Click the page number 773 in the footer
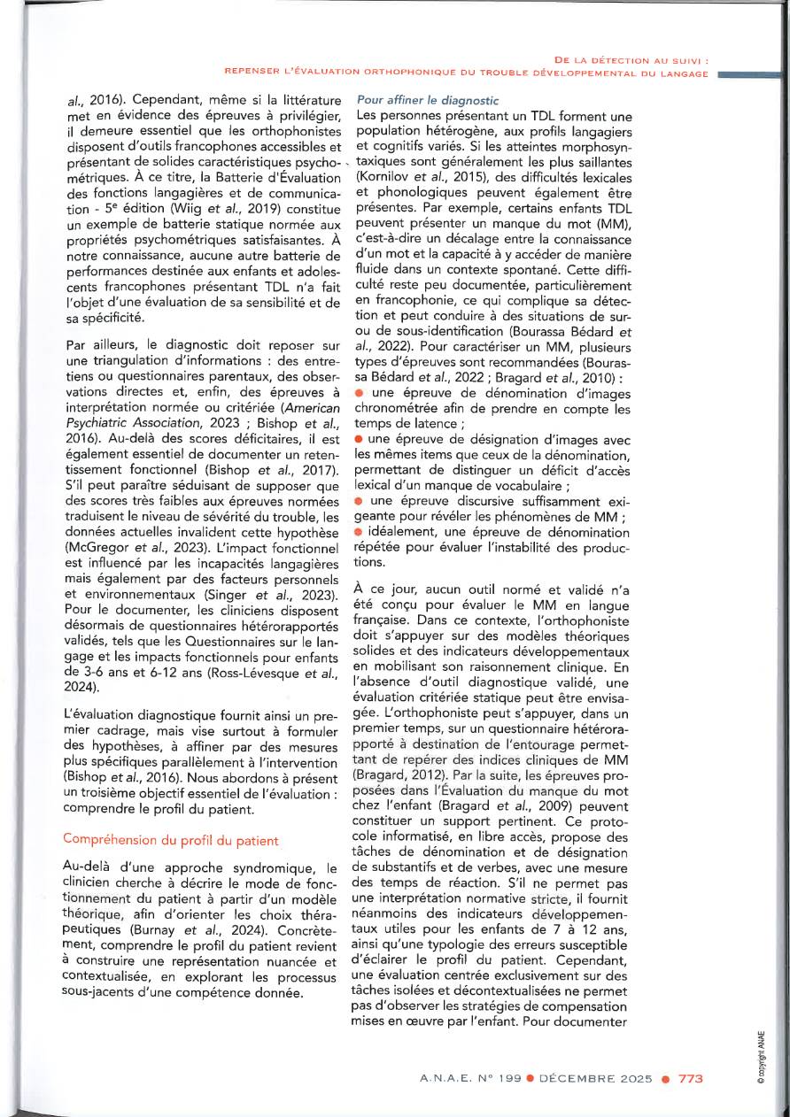[691, 1080]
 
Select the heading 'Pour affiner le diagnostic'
[427, 101]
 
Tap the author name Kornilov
[385, 179]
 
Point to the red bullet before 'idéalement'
[359, 533]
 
